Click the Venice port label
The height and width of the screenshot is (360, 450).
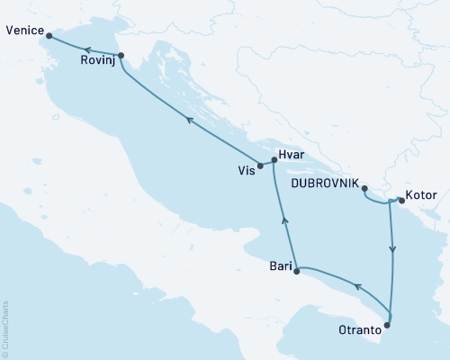point(22,30)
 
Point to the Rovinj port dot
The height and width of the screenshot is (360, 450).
point(121,56)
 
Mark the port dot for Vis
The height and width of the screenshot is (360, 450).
point(260,166)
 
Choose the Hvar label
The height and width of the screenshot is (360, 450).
point(293,155)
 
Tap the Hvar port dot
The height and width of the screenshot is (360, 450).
point(274,159)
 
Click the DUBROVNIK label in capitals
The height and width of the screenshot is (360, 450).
point(325,182)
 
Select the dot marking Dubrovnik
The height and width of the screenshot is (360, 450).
point(364,188)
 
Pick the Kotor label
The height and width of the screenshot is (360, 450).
point(421,193)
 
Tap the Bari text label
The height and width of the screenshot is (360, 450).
point(281,265)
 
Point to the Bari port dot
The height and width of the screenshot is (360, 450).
point(297,269)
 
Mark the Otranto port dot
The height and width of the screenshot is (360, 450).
point(388,325)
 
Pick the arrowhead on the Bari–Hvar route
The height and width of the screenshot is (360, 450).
point(284,219)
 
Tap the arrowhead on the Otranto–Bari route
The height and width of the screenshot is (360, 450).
point(356,288)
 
